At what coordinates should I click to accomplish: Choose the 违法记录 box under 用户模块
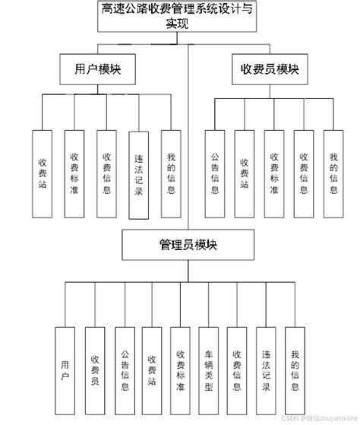click(138, 175)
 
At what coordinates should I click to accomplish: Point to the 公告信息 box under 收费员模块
click(215, 173)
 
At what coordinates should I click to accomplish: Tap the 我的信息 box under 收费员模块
click(333, 173)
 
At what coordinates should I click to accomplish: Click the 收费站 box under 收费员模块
click(244, 173)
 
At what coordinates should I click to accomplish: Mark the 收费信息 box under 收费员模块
click(304, 173)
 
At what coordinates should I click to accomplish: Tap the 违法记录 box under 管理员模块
click(265, 370)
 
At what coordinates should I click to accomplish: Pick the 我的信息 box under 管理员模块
click(294, 370)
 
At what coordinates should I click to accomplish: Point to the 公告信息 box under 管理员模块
click(124, 370)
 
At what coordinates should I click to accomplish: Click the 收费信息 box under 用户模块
click(106, 173)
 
